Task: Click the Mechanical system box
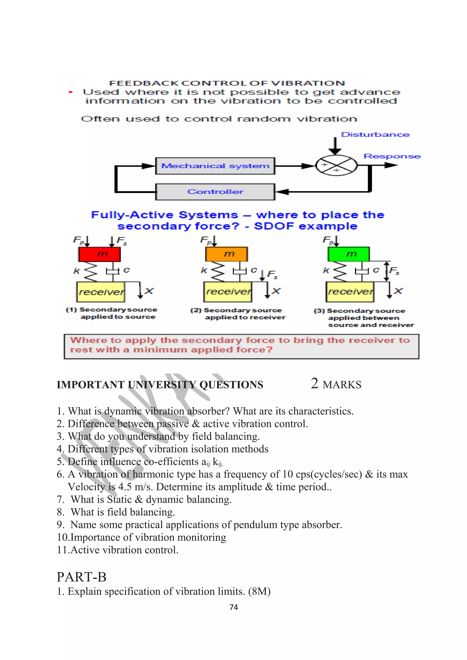tap(215, 166)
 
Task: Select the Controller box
tap(215, 192)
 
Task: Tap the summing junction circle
tap(336, 166)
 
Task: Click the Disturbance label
tap(375, 135)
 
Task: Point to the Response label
tap(392, 156)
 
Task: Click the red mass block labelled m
tap(100, 254)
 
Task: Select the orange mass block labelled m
tap(226, 254)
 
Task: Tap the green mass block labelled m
tap(348, 254)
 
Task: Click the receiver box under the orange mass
tap(228, 292)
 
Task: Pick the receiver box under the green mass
tap(350, 292)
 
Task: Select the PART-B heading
tap(81, 577)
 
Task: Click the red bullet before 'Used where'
tap(70, 92)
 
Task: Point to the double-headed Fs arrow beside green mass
tap(387, 271)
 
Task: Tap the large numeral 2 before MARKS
tap(314, 384)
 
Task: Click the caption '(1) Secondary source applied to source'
tap(112, 313)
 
